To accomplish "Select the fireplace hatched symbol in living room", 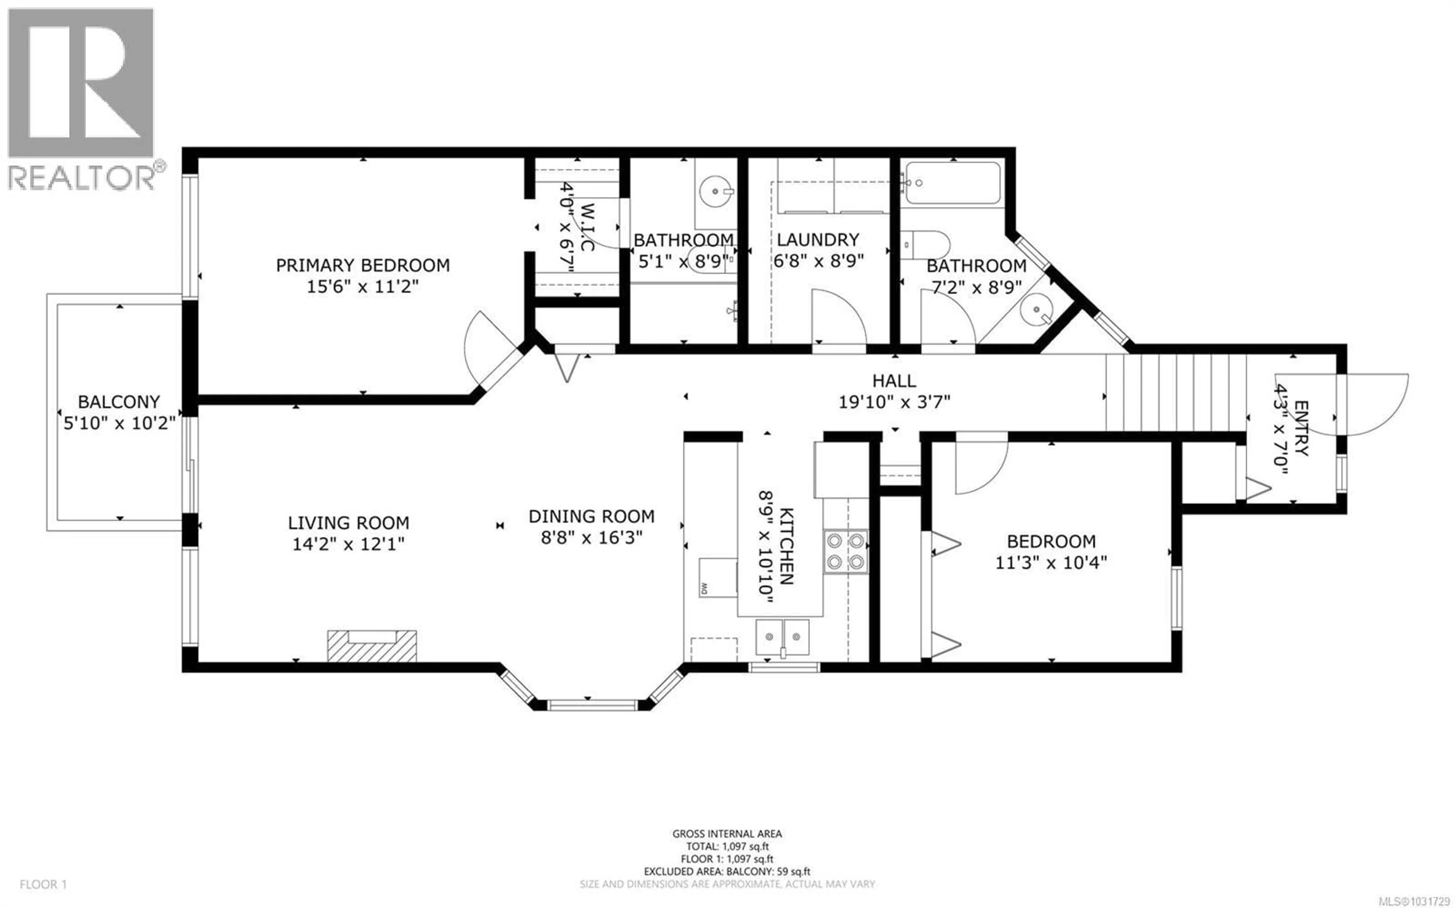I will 372,646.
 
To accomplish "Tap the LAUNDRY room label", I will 818,240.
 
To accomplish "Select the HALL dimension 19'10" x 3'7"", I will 894,402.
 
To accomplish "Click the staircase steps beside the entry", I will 1175,392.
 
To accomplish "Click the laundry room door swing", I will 838,318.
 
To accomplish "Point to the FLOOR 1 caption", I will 43,884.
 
